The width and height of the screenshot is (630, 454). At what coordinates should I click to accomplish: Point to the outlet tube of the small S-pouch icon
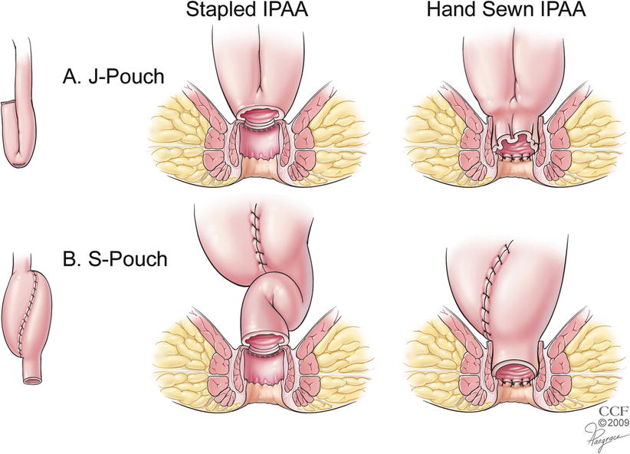pyautogui.click(x=30, y=372)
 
